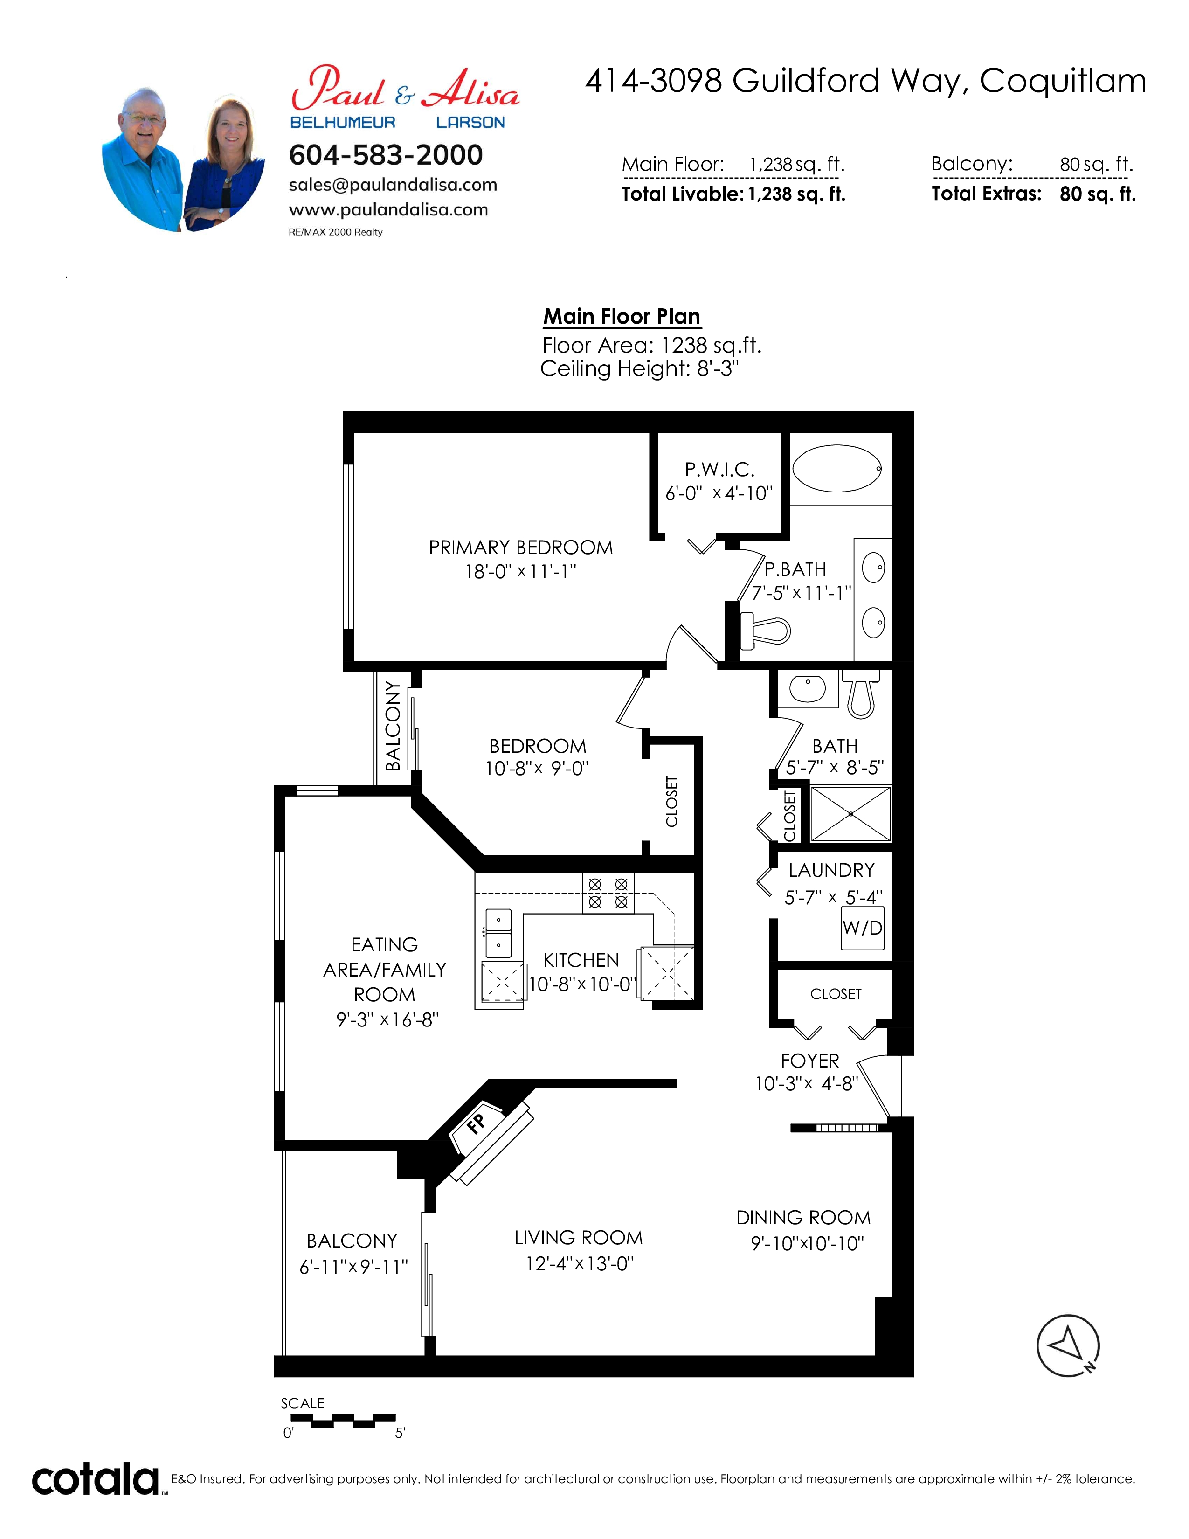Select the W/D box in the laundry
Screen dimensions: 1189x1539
(862, 928)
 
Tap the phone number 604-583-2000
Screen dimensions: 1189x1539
(386, 155)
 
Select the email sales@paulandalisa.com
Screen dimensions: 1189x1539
(393, 185)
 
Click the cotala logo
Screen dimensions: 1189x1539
(96, 1479)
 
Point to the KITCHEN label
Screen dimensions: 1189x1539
(581, 960)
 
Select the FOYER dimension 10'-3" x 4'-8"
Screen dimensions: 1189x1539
(807, 1084)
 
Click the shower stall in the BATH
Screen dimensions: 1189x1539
(851, 814)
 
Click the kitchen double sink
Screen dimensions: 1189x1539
(499, 932)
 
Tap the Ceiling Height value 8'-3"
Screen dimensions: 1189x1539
(718, 368)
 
